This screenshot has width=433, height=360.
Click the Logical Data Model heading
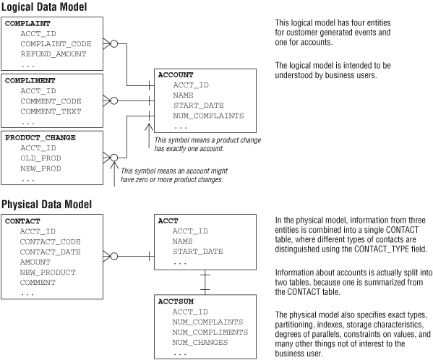coord(44,7)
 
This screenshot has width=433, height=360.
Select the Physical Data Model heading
coord(47,205)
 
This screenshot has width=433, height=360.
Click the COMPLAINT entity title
coord(27,23)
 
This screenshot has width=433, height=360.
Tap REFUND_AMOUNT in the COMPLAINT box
coord(53,54)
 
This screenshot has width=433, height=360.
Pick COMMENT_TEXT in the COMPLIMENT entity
coord(51,111)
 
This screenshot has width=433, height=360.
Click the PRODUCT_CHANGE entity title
coord(40,137)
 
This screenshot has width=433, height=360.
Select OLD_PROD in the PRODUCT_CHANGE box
coord(40,158)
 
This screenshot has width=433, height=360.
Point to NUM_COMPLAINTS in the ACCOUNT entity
coord(208,116)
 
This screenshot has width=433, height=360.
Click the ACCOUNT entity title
coord(176,74)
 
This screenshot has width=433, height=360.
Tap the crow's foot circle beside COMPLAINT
coord(113,43)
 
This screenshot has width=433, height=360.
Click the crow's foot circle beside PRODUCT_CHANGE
coord(113,158)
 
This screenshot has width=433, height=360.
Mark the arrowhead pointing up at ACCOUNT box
coord(149,127)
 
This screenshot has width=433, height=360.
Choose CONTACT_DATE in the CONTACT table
coord(51,252)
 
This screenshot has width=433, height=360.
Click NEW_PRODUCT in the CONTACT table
coord(48,273)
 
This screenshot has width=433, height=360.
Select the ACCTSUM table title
coord(176,301)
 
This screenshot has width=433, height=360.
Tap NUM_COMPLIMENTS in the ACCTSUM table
coord(210,333)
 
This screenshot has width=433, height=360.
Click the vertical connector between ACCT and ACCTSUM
coord(205,283)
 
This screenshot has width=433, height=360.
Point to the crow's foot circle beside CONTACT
coord(113,257)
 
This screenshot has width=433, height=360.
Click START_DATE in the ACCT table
coord(198,252)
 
